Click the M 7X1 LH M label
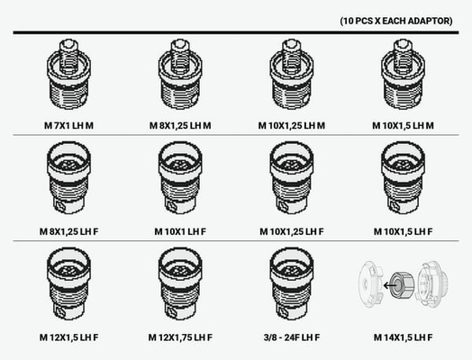tap(68, 125)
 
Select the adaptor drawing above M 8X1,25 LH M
tap(180, 74)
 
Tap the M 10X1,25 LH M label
tap(291, 125)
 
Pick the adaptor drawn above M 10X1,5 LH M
tap(403, 74)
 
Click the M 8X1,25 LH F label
tap(68, 231)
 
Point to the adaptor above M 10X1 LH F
tap(180, 178)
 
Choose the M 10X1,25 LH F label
tap(291, 231)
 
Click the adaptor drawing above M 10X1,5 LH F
tap(403, 178)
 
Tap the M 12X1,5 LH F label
tap(68, 337)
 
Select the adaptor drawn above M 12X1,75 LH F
tap(180, 283)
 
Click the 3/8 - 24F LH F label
tap(291, 337)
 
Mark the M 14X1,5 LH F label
tap(403, 337)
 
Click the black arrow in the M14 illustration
tap(390, 285)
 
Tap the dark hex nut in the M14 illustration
tap(401, 285)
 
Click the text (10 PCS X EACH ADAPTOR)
tap(396, 21)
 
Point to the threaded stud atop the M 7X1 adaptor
tap(69, 56)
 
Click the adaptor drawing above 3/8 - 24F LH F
tap(292, 283)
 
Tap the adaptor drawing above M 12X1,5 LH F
tap(69, 283)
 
